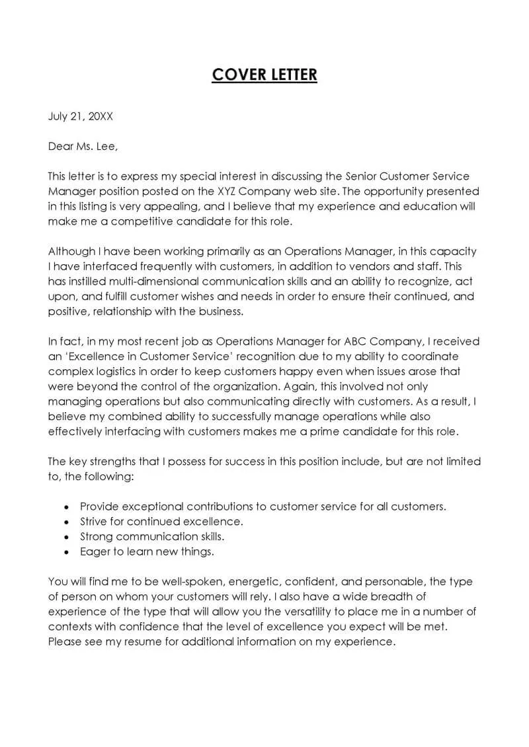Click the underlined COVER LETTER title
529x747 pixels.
(264, 75)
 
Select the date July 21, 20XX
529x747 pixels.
(81, 116)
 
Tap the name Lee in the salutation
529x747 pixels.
(106, 147)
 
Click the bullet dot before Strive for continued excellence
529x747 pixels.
(66, 522)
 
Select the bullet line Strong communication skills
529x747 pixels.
(152, 536)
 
